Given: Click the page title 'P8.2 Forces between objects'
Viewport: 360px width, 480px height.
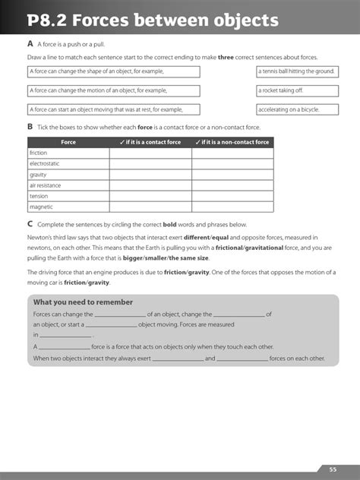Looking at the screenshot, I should [x=150, y=21].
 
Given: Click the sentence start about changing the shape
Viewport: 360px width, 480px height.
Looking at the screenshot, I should [x=113, y=71].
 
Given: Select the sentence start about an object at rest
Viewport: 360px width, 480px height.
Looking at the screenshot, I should [x=113, y=109].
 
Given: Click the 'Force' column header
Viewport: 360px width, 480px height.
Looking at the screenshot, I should [x=68, y=142].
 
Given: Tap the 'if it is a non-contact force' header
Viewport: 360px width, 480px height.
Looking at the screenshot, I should [x=232, y=142].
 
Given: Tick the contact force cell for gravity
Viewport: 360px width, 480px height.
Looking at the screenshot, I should [x=150, y=174].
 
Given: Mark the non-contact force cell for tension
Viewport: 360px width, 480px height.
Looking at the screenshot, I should [x=232, y=196].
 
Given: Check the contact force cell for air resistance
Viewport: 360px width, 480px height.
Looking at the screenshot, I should [x=150, y=185].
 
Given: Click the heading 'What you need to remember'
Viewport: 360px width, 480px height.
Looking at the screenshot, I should [x=72, y=302].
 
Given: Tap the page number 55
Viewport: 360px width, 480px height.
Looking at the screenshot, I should [x=333, y=469].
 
